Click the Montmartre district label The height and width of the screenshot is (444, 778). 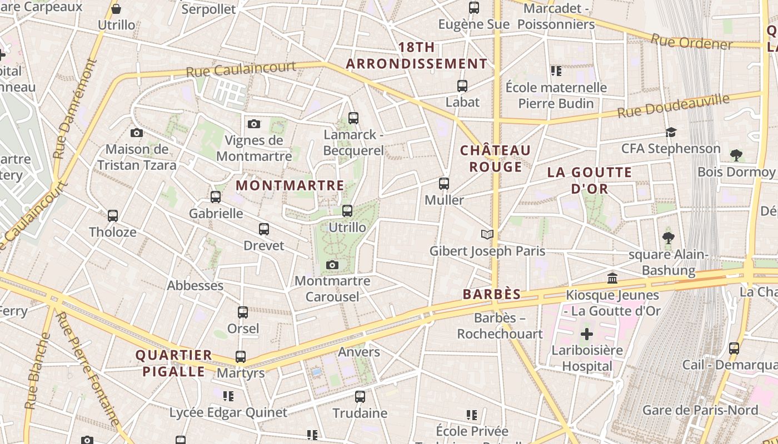290,185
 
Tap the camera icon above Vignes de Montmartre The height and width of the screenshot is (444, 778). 254,124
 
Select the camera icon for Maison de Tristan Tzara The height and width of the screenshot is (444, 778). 137,133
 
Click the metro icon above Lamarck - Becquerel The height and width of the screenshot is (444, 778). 353,118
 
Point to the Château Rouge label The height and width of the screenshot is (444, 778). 495,159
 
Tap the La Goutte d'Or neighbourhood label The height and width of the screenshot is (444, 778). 590,180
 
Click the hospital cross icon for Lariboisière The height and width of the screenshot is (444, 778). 587,334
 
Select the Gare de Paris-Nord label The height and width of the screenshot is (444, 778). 700,410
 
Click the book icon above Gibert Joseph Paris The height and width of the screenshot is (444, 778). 487,235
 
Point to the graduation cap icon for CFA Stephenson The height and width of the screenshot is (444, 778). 671,133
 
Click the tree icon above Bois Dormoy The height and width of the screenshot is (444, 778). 736,155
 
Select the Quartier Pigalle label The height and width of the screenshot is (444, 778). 174,363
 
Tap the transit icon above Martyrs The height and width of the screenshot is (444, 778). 241,357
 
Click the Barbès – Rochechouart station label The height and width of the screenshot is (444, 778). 500,326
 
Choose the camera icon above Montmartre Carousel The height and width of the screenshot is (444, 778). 332,265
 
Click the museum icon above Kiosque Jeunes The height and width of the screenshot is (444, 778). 612,278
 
